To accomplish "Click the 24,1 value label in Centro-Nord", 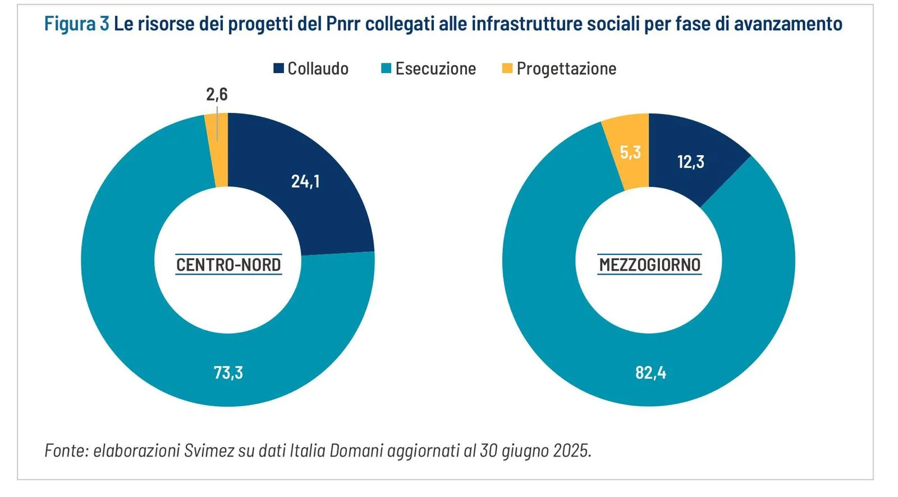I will pos(305,181).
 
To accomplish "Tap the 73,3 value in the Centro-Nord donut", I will pos(228,372).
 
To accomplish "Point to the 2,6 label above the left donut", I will pos(217,94).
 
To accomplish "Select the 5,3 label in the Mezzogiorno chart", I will pos(630,152).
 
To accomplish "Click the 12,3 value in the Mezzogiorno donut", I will pos(690,162).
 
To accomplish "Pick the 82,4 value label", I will pos(650,372).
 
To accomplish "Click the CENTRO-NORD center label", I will pos(228,265).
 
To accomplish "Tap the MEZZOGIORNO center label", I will pos(650,265).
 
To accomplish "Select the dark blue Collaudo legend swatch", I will pos(278,69).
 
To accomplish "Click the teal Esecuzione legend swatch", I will pos(386,69).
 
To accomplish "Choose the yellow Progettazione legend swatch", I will pos(507,69).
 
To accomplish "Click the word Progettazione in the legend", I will pos(566,69).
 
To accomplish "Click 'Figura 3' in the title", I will pos(77,24).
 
